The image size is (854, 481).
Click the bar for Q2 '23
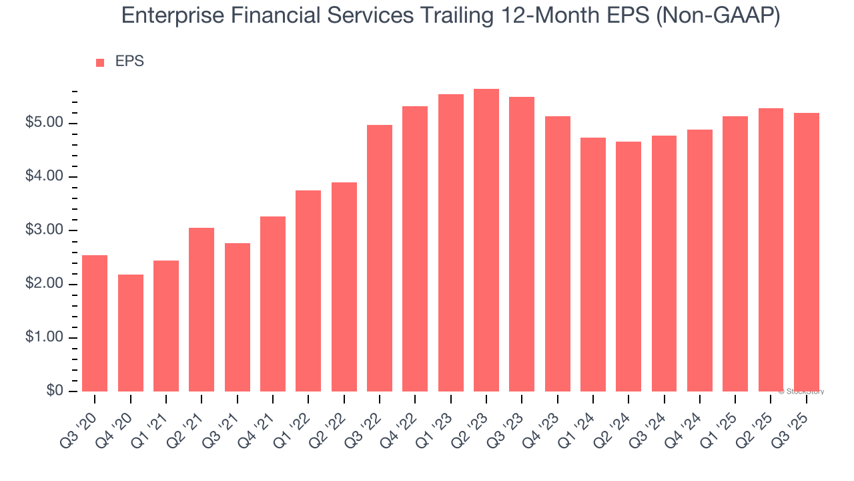click(486, 240)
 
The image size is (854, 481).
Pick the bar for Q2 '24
click(628, 267)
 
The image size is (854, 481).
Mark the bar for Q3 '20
click(95, 323)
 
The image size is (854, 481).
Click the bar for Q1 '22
click(308, 291)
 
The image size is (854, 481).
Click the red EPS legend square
click(100, 62)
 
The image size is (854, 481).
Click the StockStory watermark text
click(801, 391)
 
